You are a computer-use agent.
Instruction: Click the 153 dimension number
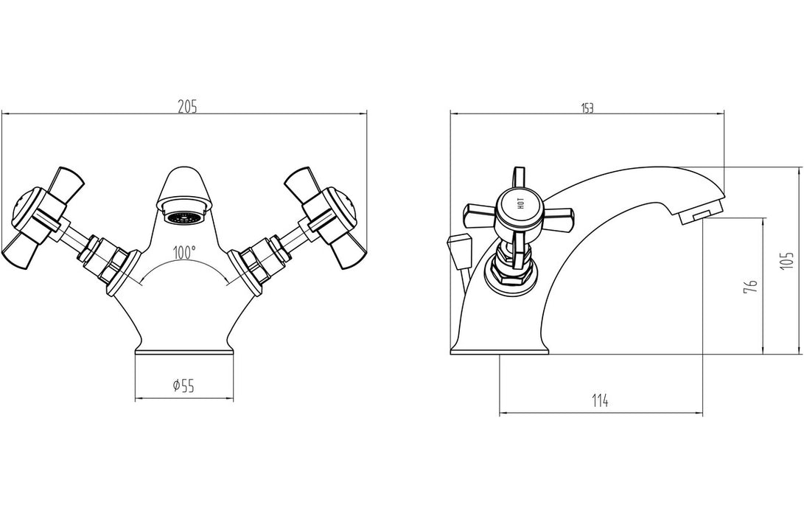pos(587,108)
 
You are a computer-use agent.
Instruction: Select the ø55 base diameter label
pos(183,384)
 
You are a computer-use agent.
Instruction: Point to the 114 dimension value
pos(599,401)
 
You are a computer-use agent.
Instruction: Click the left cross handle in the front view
pos(44,217)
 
